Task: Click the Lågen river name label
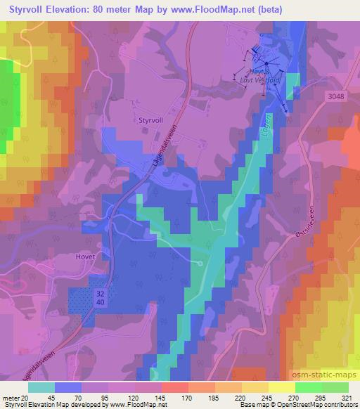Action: click(x=269, y=125)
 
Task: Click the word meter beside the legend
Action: click(x=9, y=397)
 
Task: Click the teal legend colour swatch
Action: click(x=41, y=387)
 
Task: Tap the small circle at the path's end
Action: click(x=200, y=263)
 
